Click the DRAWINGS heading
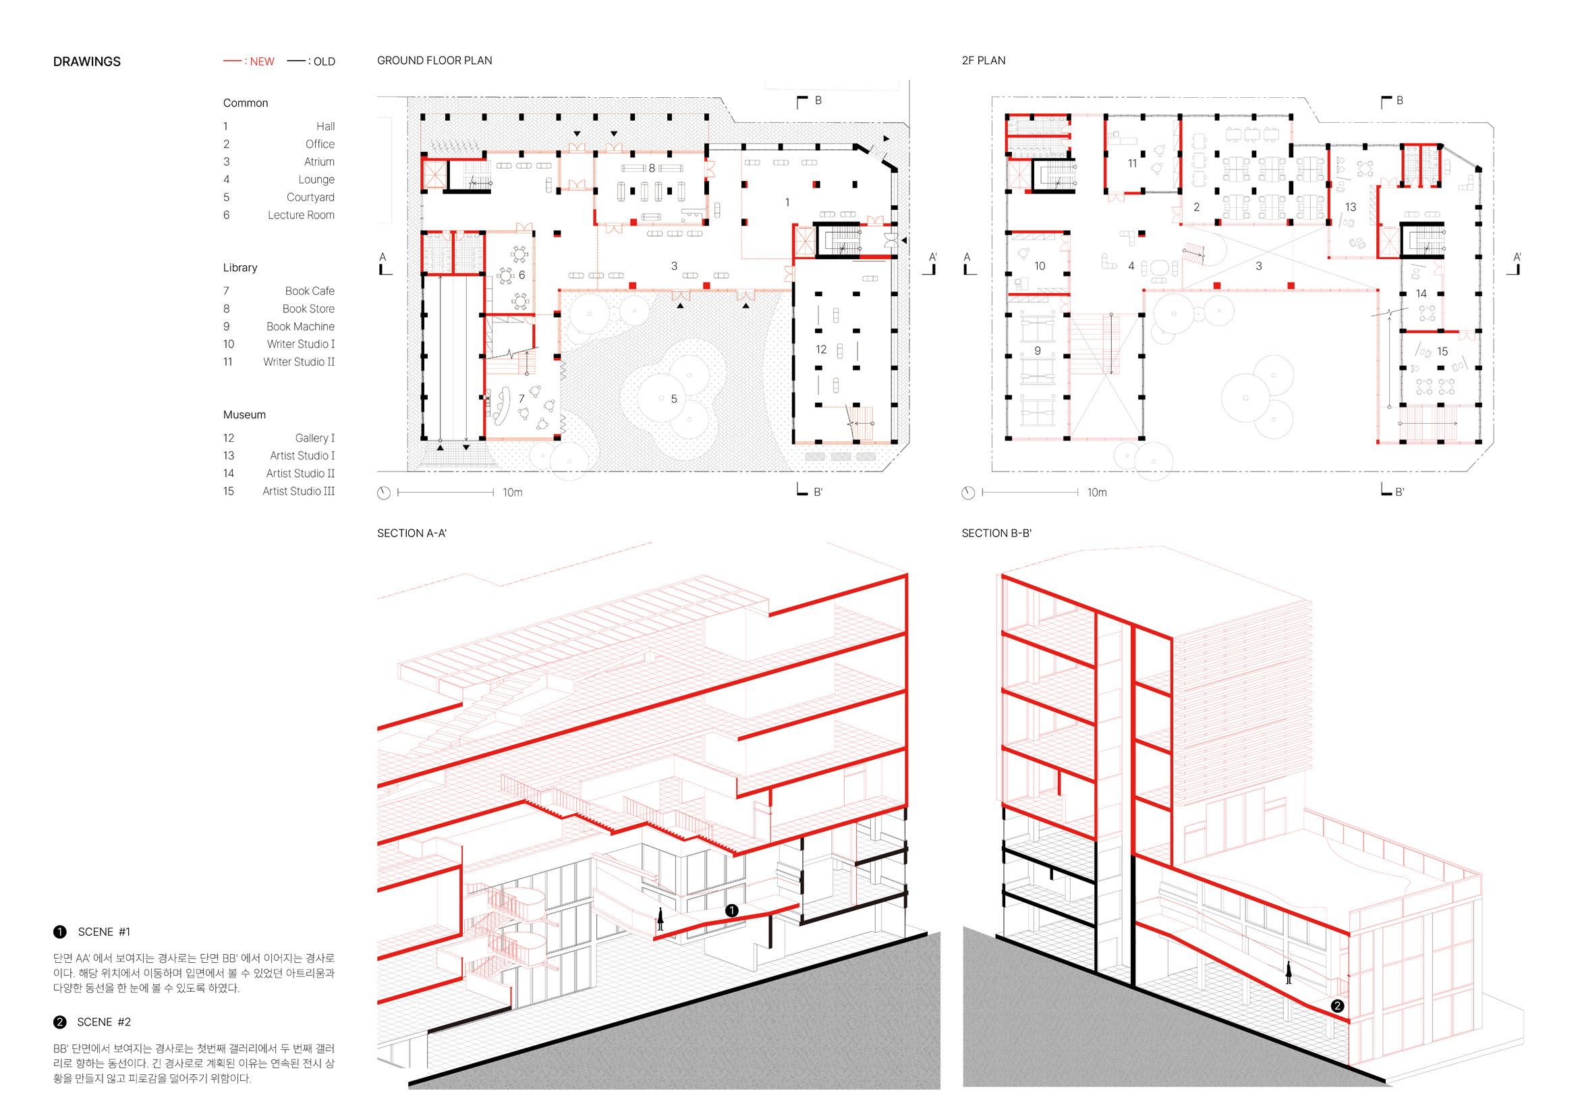(86, 62)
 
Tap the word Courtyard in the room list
(310, 197)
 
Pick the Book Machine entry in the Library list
(300, 327)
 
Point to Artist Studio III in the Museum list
(298, 491)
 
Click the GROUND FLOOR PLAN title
(434, 61)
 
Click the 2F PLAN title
(983, 61)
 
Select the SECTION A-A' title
(412, 533)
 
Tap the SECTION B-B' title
(996, 533)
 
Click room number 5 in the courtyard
(673, 399)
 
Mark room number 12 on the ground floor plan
(820, 350)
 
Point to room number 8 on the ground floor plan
(652, 169)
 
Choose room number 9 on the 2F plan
(1037, 351)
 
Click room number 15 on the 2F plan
(1442, 352)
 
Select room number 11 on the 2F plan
(1132, 163)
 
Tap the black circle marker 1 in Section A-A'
(732, 910)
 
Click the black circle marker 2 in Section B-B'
(1336, 1006)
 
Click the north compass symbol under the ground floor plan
(383, 493)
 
